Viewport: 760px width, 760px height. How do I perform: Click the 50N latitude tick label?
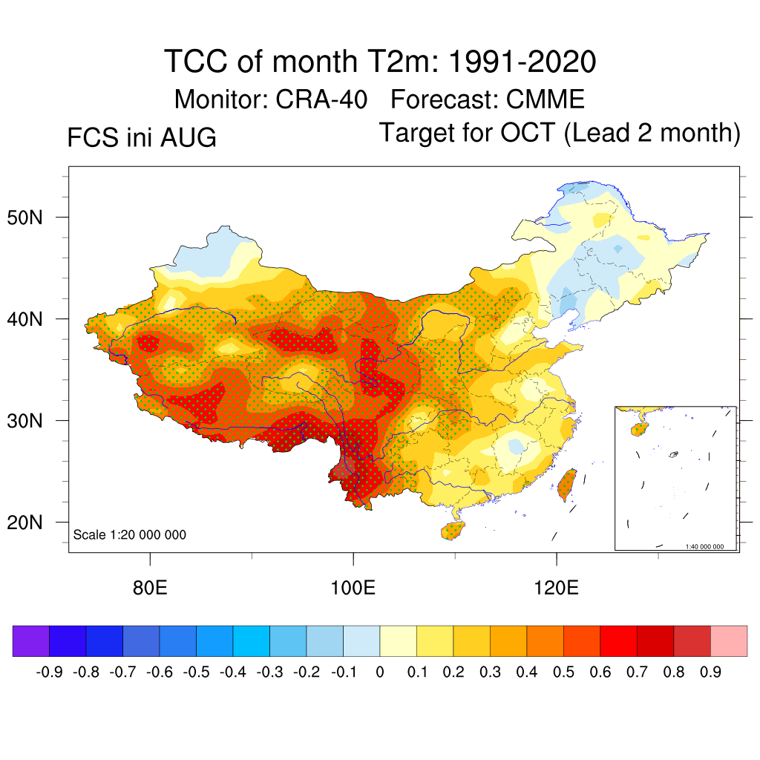pos(24,217)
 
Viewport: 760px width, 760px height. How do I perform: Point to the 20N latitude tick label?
pos(24,522)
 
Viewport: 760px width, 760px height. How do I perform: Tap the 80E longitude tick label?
pos(150,588)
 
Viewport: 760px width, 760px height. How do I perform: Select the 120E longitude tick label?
pos(556,588)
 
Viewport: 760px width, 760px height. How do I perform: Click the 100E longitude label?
pos(353,588)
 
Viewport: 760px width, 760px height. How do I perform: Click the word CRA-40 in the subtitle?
pos(321,99)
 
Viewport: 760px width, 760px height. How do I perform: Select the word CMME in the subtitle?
pos(546,99)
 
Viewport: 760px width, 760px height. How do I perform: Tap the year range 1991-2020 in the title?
pos(522,62)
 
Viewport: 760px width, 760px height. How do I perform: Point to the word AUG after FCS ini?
pos(188,137)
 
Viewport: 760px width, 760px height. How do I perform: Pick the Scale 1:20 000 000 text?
pos(129,534)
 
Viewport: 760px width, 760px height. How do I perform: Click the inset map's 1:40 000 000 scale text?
pos(704,547)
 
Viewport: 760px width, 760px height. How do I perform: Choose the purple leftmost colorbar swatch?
pos(31,641)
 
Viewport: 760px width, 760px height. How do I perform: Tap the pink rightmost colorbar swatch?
pos(729,641)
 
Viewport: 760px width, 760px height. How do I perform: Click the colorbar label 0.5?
pos(563,672)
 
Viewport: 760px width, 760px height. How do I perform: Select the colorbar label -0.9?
pos(50,672)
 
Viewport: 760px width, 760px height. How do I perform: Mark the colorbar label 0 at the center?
pos(379,672)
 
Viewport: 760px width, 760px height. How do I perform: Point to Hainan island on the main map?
pos(453,531)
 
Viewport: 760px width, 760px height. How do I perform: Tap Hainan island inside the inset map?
pos(639,429)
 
